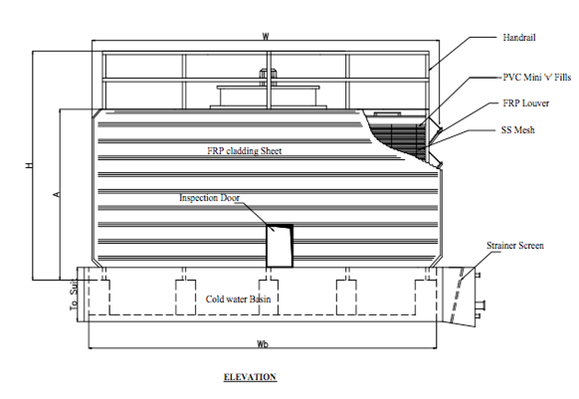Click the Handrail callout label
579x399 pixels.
coord(518,38)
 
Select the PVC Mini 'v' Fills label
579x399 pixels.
coord(537,78)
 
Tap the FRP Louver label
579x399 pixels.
coord(526,103)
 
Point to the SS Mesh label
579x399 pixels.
coord(517,130)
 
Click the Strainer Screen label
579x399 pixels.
coord(515,246)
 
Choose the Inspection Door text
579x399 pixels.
coord(209,198)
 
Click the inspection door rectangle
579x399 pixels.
coord(280,246)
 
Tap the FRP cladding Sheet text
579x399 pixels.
coord(245,150)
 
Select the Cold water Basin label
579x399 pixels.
coord(238,299)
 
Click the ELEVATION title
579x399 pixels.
coord(250,377)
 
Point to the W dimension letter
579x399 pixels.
coord(266,36)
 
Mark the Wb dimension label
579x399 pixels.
coord(263,344)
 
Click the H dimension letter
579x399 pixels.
coord(29,165)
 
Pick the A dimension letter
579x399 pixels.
coord(57,194)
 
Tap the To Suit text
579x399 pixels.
coord(74,295)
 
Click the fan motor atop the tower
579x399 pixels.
coord(269,77)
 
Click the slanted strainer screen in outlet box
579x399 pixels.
coord(457,295)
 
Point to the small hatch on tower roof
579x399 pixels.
coord(387,114)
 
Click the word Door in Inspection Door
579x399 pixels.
coord(230,198)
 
